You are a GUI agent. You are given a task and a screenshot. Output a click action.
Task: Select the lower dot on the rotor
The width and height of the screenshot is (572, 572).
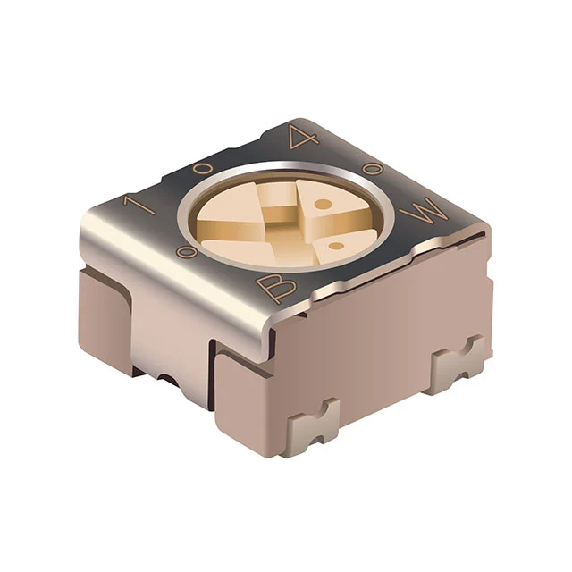(336, 244)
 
